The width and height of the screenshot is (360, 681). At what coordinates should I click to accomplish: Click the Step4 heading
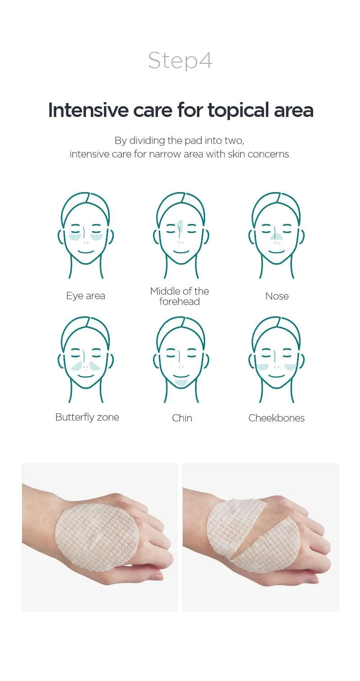coord(180,61)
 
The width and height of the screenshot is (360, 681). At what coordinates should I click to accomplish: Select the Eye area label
coord(86,296)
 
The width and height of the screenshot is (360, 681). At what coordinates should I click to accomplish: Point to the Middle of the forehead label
coord(180,296)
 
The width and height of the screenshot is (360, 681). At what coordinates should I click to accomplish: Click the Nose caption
coord(277,296)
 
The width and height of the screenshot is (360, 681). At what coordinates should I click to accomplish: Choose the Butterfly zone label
coord(87,417)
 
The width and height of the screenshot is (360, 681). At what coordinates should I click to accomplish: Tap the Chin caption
coord(182,418)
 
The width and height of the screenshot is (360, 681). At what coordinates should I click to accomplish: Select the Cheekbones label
coord(276,418)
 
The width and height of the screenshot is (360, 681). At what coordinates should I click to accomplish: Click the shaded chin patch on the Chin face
coord(181,382)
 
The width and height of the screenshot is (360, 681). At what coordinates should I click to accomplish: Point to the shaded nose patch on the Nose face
coord(276,236)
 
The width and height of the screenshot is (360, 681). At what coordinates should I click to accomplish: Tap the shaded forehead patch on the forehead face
coord(180,226)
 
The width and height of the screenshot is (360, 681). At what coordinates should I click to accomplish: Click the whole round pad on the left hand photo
coord(97,537)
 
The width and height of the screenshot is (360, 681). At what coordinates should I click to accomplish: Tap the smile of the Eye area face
coord(85,252)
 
